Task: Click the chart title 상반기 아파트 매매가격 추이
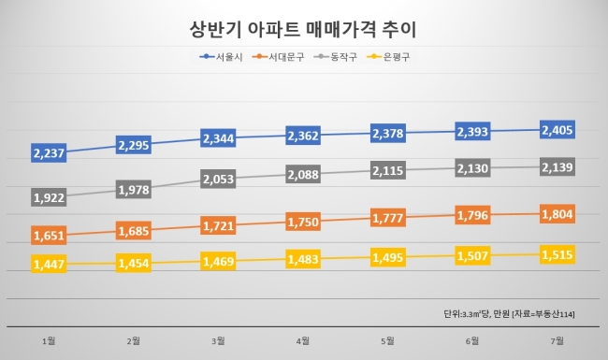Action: (x=303, y=29)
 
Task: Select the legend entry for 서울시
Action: (x=221, y=57)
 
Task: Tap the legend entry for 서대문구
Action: (x=278, y=57)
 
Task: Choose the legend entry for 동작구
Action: (x=335, y=57)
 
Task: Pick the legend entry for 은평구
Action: (x=388, y=57)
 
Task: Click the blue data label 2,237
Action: (x=49, y=153)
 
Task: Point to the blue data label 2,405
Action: (x=557, y=130)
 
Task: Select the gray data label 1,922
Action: (x=49, y=197)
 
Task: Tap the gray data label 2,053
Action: (x=218, y=179)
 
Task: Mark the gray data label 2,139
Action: (x=557, y=167)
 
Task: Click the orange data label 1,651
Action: (x=49, y=236)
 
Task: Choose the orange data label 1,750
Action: (x=303, y=222)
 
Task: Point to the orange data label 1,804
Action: (x=557, y=214)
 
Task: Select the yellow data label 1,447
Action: (x=49, y=264)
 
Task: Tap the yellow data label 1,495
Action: (x=388, y=257)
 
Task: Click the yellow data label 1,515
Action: (x=557, y=254)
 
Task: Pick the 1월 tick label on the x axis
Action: (x=49, y=341)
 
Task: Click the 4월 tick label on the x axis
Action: (x=303, y=341)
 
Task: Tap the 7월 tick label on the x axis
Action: (x=557, y=341)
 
